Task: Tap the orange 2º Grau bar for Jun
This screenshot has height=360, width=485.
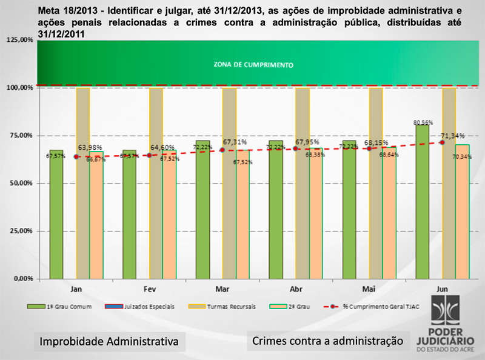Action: click(463, 212)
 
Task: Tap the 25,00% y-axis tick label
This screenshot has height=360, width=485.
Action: click(21, 231)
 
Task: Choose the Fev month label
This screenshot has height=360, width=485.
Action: click(149, 289)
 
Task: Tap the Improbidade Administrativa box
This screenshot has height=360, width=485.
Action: click(109, 342)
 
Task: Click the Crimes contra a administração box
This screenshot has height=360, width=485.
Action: click(327, 341)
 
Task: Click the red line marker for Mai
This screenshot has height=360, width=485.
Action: click(369, 148)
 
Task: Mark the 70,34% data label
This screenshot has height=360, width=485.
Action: click(463, 156)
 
